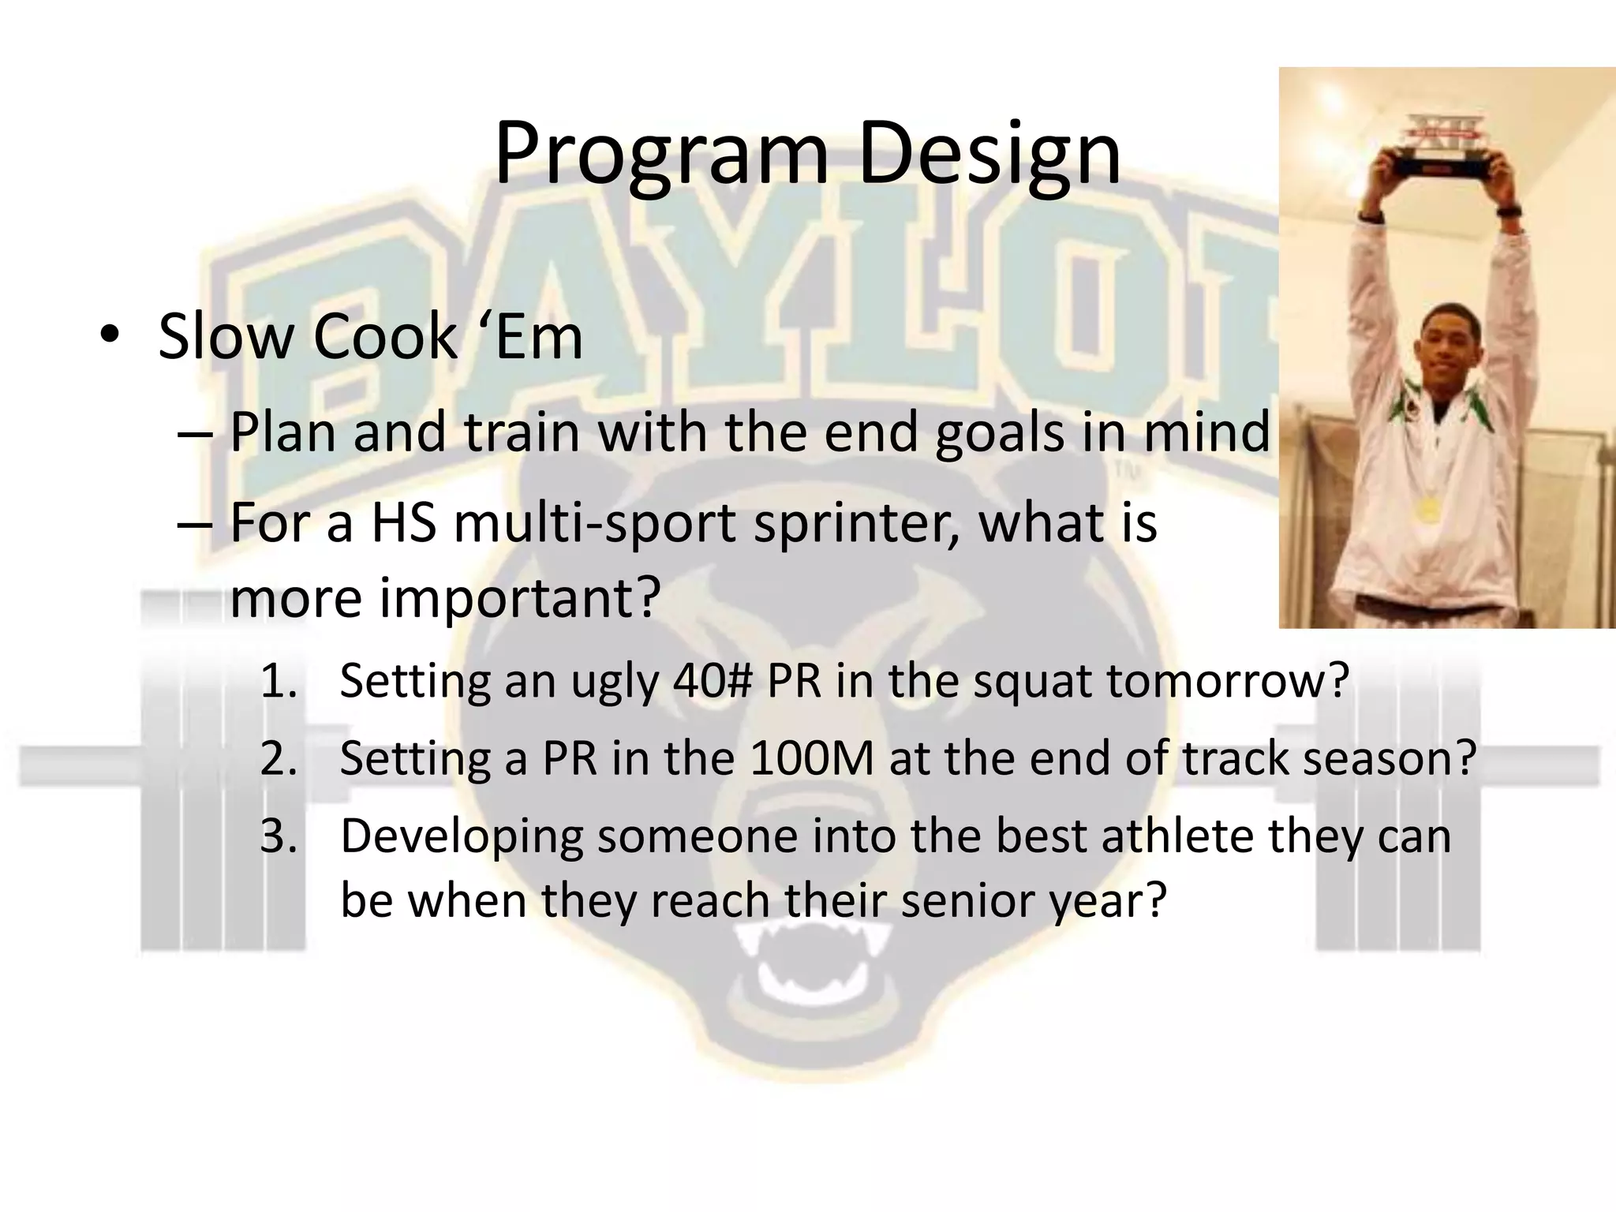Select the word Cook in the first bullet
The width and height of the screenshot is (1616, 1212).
pyautogui.click(x=384, y=338)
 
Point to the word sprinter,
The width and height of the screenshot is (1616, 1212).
pyautogui.click(x=856, y=523)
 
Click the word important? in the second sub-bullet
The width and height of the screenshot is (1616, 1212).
pyautogui.click(x=444, y=598)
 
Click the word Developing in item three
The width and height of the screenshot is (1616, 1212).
pyautogui.click(x=461, y=836)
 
